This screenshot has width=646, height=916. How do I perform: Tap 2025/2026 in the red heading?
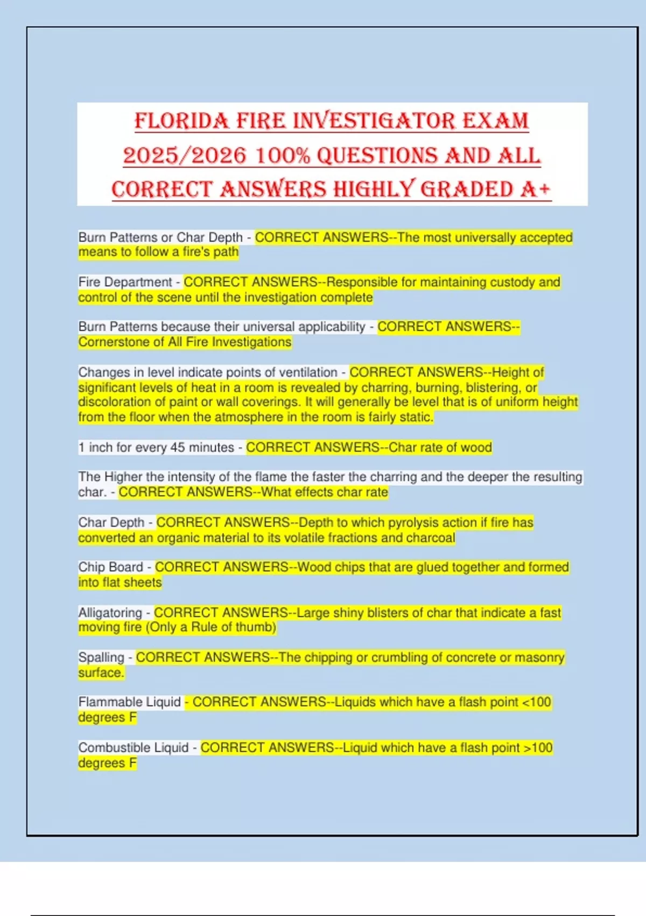click(x=184, y=156)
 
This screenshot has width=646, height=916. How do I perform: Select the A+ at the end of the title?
click(x=536, y=190)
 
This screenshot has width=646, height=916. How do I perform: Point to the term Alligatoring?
click(x=110, y=613)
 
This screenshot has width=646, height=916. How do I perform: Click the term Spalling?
click(x=101, y=657)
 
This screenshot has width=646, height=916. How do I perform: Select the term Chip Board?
click(x=110, y=567)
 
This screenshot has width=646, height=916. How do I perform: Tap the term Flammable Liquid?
click(x=129, y=702)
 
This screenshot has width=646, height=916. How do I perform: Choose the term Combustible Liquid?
click(x=133, y=748)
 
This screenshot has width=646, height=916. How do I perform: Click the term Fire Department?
click(x=125, y=282)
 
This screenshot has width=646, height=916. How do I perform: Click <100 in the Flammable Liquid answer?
click(x=537, y=702)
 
